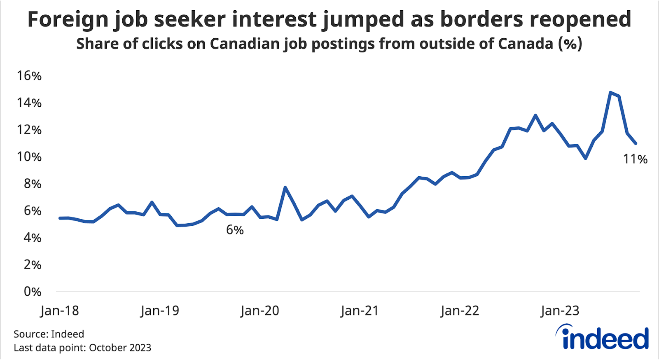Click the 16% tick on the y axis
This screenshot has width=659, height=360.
click(x=29, y=76)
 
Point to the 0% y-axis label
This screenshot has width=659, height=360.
click(x=32, y=292)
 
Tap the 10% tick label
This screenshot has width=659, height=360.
click(x=29, y=157)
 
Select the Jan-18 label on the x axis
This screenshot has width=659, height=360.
click(x=60, y=311)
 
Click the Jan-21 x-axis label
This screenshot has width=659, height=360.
click(x=360, y=311)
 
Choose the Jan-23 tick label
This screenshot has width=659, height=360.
click(x=560, y=311)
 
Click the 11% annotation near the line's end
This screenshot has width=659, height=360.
click(x=635, y=159)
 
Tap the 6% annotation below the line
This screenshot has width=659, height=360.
click(x=235, y=230)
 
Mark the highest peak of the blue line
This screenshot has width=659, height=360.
click(x=610, y=93)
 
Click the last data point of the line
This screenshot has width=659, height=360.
click(x=636, y=143)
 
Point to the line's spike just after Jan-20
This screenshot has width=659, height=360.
click(x=285, y=187)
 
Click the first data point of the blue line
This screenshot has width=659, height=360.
click(x=60, y=218)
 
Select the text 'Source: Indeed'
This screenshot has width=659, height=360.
click(x=49, y=334)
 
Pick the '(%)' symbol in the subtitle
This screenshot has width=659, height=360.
click(x=570, y=43)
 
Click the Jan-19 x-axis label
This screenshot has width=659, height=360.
click(x=160, y=311)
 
